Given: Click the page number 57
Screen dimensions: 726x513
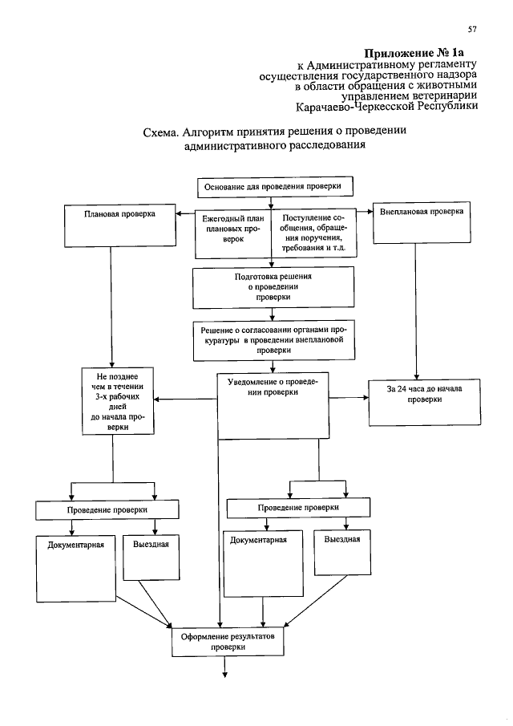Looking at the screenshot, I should (x=472, y=30).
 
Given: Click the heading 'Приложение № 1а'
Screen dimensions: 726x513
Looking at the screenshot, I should (x=420, y=53).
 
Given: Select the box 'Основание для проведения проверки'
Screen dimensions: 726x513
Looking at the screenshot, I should (x=273, y=186).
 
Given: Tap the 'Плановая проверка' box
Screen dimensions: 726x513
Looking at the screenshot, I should (x=119, y=226).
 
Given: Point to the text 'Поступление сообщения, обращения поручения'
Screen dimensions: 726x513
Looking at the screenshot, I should (x=313, y=233).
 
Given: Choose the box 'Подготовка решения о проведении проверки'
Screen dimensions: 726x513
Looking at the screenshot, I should (x=273, y=287).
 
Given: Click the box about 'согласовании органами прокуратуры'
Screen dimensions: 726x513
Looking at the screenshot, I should (x=273, y=340).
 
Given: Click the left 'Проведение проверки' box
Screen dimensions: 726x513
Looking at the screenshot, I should (x=95, y=509).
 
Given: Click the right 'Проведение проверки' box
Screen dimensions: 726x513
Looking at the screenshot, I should (x=298, y=509).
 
